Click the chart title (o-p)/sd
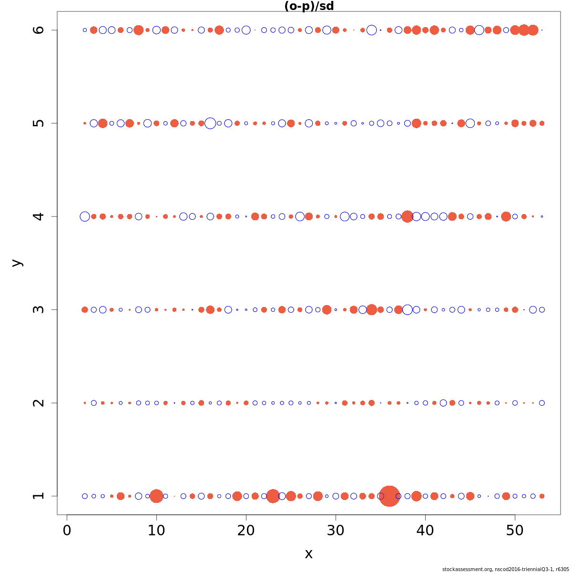(308, 6)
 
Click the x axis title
(308, 554)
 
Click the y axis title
(17, 263)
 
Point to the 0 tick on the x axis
(67, 530)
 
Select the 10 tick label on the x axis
(156, 530)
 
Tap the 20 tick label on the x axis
(246, 530)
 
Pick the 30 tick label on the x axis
(336, 530)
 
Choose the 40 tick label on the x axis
(425, 530)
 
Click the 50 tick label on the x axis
(515, 530)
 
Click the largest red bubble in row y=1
(389, 496)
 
